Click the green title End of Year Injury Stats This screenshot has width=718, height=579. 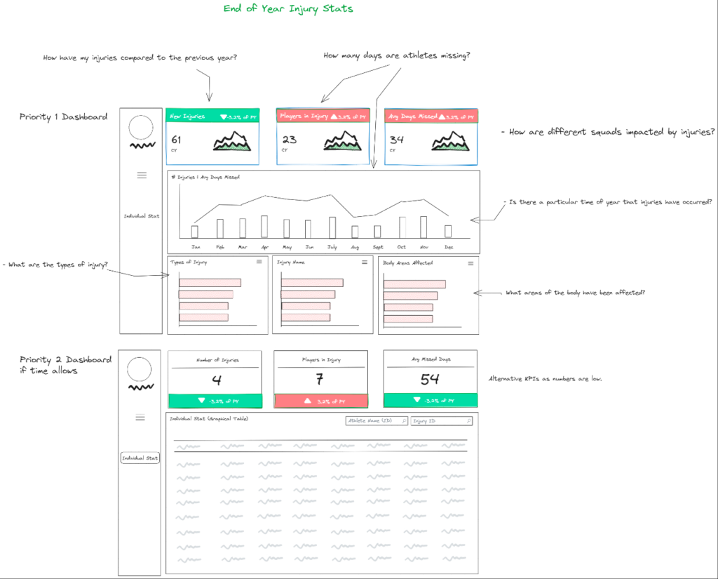(x=288, y=9)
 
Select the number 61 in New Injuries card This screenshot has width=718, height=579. (x=176, y=140)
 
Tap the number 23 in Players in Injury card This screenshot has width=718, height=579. (x=289, y=140)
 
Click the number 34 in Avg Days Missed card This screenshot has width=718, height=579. (x=397, y=140)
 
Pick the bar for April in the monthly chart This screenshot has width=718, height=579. (x=264, y=227)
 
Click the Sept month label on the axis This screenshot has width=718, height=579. (x=377, y=247)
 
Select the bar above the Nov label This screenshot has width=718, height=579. (x=424, y=227)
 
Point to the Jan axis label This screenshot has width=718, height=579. (x=196, y=247)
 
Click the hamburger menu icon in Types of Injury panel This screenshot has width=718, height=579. (x=259, y=262)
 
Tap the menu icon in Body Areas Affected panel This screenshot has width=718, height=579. (x=470, y=262)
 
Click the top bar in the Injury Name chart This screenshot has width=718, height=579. (x=313, y=283)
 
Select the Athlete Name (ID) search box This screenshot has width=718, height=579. (x=377, y=421)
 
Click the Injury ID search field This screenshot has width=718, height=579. (x=442, y=421)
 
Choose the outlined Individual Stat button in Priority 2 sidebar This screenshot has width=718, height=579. (x=140, y=458)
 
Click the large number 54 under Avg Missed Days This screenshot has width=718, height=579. (x=430, y=380)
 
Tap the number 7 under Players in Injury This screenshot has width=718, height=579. (x=320, y=380)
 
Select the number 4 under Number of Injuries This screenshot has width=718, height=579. (x=217, y=380)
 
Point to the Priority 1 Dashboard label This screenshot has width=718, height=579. (x=63, y=117)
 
